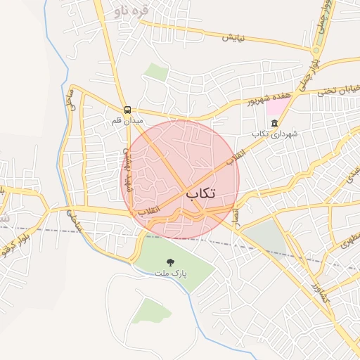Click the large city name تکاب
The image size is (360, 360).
tap(201, 192)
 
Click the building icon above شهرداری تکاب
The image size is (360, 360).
tap(274, 123)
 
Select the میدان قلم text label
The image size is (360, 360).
tap(127, 120)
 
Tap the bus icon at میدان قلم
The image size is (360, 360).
tap(128, 110)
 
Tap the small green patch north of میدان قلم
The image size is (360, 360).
tap(157, 71)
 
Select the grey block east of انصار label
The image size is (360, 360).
tap(265, 236)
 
